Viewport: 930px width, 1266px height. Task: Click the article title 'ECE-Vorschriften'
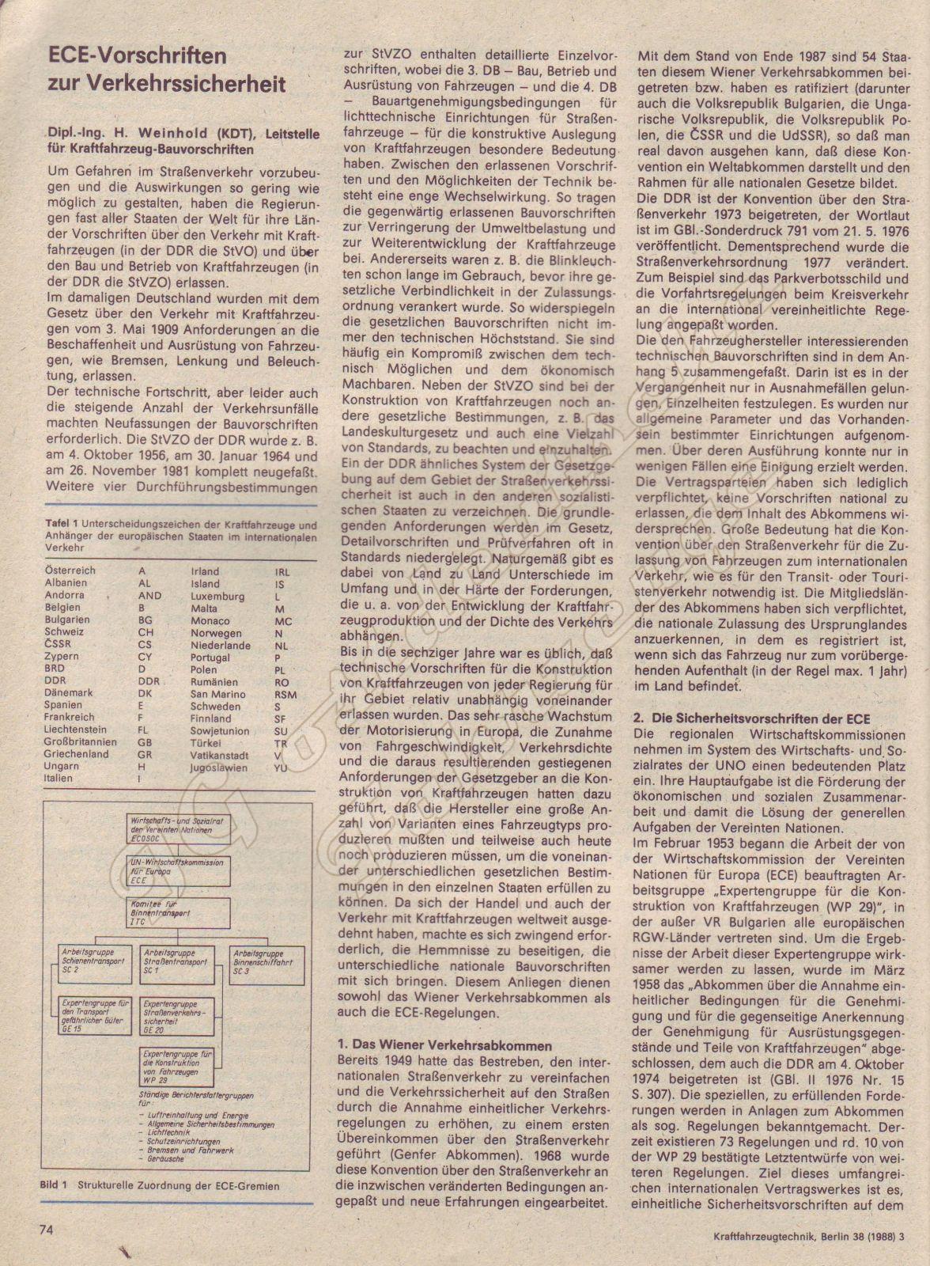[137, 58]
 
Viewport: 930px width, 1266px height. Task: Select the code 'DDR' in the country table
[149, 681]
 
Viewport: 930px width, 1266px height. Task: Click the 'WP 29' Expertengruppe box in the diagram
[180, 1067]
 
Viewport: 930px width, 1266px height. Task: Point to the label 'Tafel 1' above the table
[54, 525]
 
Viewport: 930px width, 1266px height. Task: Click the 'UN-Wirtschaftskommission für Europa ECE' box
[180, 870]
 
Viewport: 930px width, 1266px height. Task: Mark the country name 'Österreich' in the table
[70, 570]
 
